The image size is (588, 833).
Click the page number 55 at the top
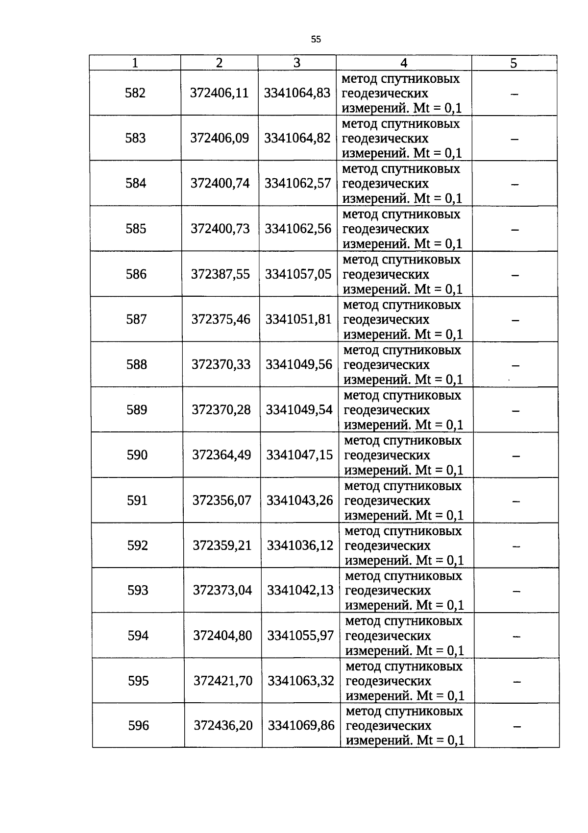coord(316,39)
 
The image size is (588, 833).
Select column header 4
coord(404,63)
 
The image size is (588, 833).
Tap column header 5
coord(514,63)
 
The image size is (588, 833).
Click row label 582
coord(135,93)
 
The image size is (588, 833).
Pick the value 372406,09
coord(220,138)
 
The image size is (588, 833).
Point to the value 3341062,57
coord(298,183)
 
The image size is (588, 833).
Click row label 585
coord(136,229)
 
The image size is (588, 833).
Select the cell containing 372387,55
coord(220,274)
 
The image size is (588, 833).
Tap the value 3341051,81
coord(298,319)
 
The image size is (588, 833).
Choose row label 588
coord(136,364)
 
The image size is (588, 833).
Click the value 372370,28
coord(221,409)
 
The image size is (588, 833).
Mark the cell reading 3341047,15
coord(299,455)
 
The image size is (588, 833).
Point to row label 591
coord(137,500)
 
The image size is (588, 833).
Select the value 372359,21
coord(222,545)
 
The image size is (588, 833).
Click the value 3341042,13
coord(300,590)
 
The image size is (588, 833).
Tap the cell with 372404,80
coord(222,636)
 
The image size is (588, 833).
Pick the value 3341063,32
coord(301,681)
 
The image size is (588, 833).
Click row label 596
coord(138,725)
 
